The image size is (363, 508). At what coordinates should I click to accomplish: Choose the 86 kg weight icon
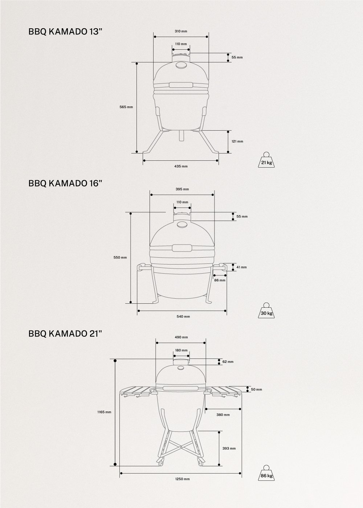tap(266, 473)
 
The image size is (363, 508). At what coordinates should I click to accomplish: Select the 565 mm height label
tap(126, 107)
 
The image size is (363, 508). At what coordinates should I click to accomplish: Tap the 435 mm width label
tap(181, 166)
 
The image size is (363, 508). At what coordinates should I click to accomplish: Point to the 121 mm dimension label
tap(237, 141)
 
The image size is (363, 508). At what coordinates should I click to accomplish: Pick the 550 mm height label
tap(120, 257)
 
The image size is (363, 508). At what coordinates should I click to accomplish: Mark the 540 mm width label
tap(183, 316)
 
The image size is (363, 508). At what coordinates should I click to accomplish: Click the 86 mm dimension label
tap(220, 280)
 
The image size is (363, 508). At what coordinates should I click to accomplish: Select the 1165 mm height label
tap(104, 412)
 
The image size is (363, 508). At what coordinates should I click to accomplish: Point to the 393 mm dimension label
tap(229, 448)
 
